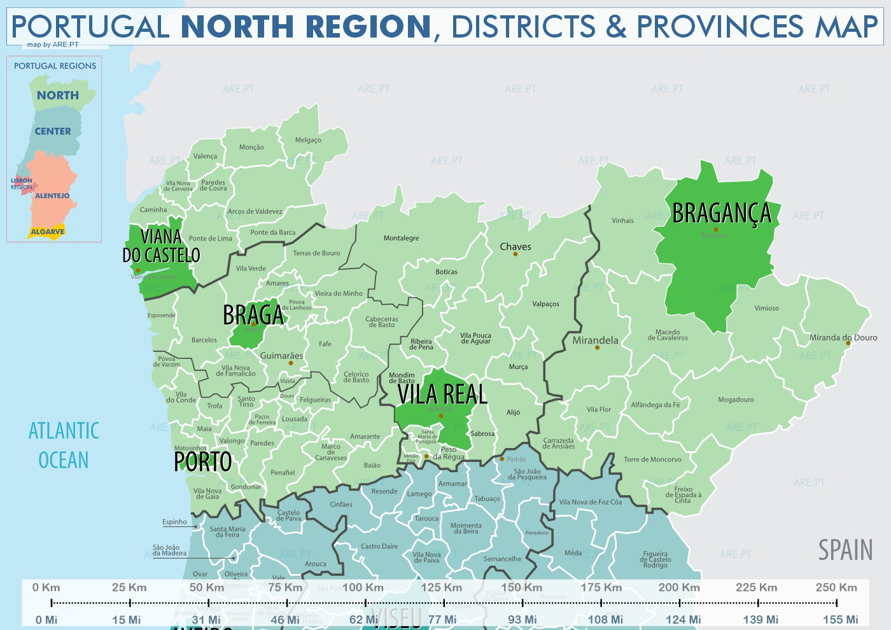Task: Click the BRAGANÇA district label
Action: [722, 214]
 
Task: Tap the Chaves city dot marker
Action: [516, 255]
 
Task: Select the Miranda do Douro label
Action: [843, 337]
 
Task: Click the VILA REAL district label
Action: [442, 395]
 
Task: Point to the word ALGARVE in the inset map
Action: [48, 232]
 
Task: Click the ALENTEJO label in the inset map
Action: [52, 196]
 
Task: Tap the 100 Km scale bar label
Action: [363, 587]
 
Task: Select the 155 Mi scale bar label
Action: [840, 619]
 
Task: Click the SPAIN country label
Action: [845, 550]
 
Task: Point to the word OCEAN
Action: [64, 460]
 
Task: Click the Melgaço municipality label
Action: [308, 140]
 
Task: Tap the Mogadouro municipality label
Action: [736, 400]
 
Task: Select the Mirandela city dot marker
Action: [597, 348]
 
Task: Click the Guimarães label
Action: [281, 356]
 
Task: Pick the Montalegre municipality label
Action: [401, 238]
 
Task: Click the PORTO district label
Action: [203, 462]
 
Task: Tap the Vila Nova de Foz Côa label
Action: [590, 502]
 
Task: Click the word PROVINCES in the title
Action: [720, 27]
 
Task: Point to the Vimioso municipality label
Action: [766, 308]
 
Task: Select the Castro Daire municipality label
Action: [379, 546]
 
